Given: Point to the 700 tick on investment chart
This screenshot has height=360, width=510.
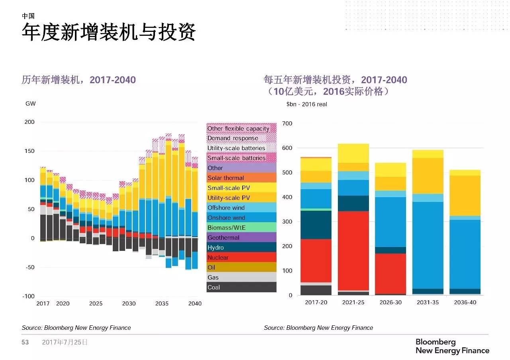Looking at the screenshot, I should click(287, 123).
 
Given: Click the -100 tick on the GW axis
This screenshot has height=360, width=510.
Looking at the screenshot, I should click(28, 296).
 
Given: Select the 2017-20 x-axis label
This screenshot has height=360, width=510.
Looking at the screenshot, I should click(316, 303).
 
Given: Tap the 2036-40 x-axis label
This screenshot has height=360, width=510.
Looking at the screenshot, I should click(465, 303).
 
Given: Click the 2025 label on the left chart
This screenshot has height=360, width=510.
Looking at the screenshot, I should click(96, 303).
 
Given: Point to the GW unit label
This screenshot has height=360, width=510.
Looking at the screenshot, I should click(30, 104).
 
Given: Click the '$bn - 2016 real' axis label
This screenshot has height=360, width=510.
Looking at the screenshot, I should click(306, 104).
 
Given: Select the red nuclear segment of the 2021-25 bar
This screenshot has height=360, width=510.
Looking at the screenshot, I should click(353, 251).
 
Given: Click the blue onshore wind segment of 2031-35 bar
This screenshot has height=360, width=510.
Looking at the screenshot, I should click(428, 245).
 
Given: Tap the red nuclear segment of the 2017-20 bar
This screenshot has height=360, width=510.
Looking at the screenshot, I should click(316, 260).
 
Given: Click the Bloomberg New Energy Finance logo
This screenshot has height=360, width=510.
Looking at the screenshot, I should click(452, 346).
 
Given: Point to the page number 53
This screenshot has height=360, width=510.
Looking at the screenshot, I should click(25, 342).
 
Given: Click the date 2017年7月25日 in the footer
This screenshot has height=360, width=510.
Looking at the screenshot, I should click(65, 342).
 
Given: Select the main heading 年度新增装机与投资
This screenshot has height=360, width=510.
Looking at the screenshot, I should click(108, 33).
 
